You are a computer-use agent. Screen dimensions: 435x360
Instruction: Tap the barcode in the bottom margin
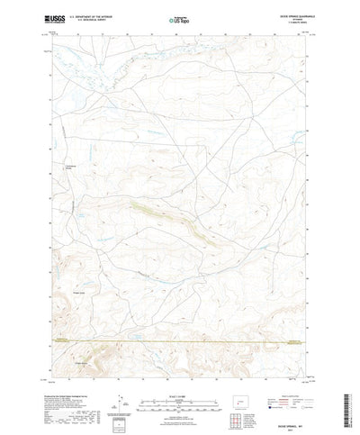point(118,403)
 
